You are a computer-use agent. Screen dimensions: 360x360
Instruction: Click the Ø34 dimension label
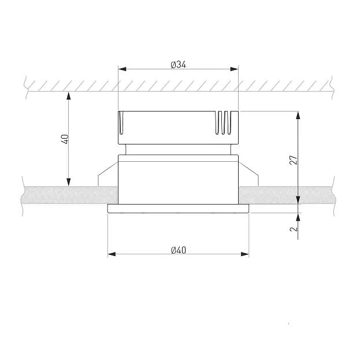pyautogui.click(x=179, y=65)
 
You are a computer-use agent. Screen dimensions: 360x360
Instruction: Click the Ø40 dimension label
pyautogui.click(x=179, y=250)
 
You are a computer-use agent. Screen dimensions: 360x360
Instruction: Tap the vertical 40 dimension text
pyautogui.click(x=65, y=139)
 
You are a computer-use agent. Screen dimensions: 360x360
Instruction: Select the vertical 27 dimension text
pyautogui.click(x=294, y=160)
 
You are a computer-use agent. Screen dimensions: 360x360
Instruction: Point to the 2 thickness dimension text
pyautogui.click(x=294, y=229)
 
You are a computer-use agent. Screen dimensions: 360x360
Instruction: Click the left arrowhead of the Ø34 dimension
pyautogui.click(x=122, y=69)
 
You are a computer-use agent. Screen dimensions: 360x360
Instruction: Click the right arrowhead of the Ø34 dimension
pyautogui.click(x=234, y=69)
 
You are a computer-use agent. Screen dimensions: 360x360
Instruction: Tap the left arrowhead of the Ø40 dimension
pyautogui.click(x=112, y=254)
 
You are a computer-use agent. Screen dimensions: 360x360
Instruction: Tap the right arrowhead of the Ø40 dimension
pyautogui.click(x=245, y=254)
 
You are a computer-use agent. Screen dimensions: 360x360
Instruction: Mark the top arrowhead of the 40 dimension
pyautogui.click(x=68, y=96)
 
